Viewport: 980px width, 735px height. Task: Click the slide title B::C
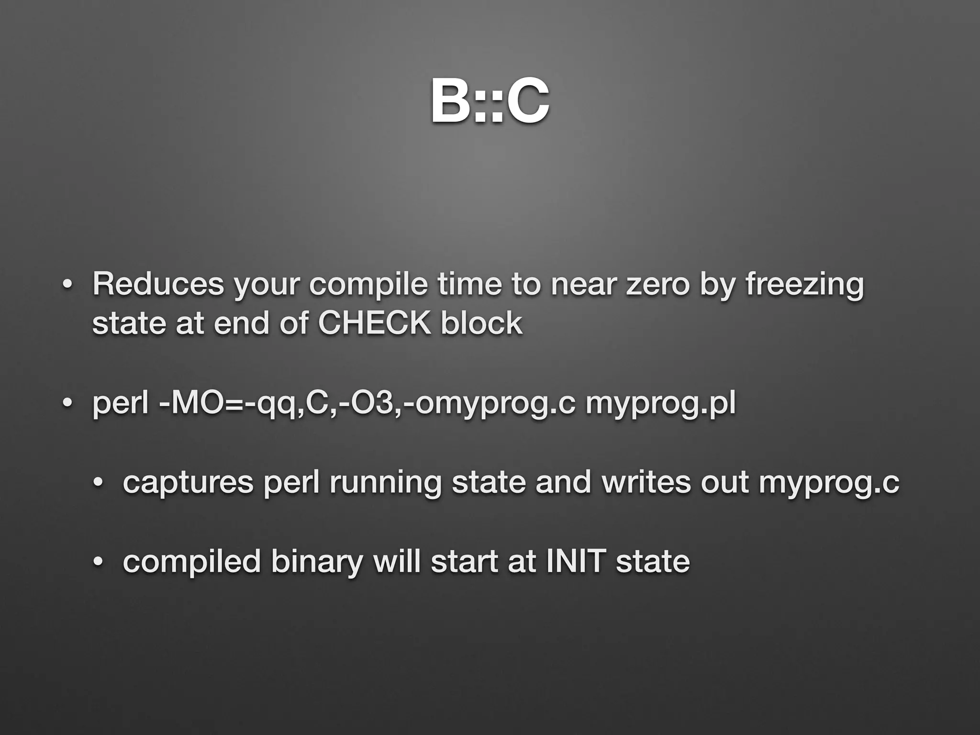click(490, 101)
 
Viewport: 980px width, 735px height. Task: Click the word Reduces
click(158, 284)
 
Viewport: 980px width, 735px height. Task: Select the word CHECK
click(374, 323)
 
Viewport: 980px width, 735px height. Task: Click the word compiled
click(191, 562)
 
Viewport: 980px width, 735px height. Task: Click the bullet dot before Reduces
click(67, 284)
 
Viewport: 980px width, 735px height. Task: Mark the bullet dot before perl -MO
click(67, 403)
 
